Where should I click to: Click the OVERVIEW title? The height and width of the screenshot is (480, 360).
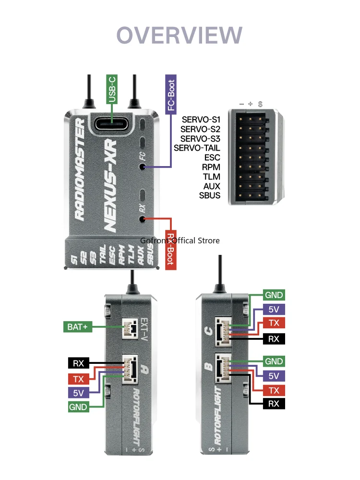(180, 36)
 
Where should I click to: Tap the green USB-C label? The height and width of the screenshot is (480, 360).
(112, 88)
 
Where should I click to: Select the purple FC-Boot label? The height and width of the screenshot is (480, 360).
(171, 94)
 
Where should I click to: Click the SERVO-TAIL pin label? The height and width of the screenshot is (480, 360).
(197, 148)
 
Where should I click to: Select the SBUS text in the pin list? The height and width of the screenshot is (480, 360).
(210, 195)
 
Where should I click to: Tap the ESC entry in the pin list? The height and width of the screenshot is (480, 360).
(212, 157)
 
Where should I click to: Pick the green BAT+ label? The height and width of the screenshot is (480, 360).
(76, 327)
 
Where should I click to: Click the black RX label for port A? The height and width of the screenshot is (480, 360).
(78, 363)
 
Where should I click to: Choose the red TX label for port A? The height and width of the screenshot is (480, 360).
(78, 378)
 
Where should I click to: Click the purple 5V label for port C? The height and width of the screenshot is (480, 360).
(274, 310)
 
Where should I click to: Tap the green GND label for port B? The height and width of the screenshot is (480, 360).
(274, 361)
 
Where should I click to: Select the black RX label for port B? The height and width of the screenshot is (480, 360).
(274, 404)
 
